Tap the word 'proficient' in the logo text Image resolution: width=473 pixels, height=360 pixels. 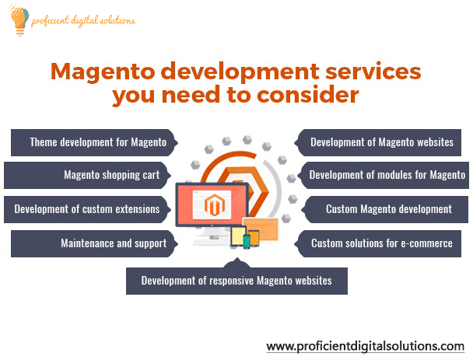[53, 20]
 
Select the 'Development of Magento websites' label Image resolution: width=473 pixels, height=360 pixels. [382, 142]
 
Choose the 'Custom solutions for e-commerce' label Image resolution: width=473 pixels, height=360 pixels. [382, 243]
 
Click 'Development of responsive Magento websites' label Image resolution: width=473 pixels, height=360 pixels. [236, 281]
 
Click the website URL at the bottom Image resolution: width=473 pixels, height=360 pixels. [365, 345]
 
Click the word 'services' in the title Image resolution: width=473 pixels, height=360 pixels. [362, 73]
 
